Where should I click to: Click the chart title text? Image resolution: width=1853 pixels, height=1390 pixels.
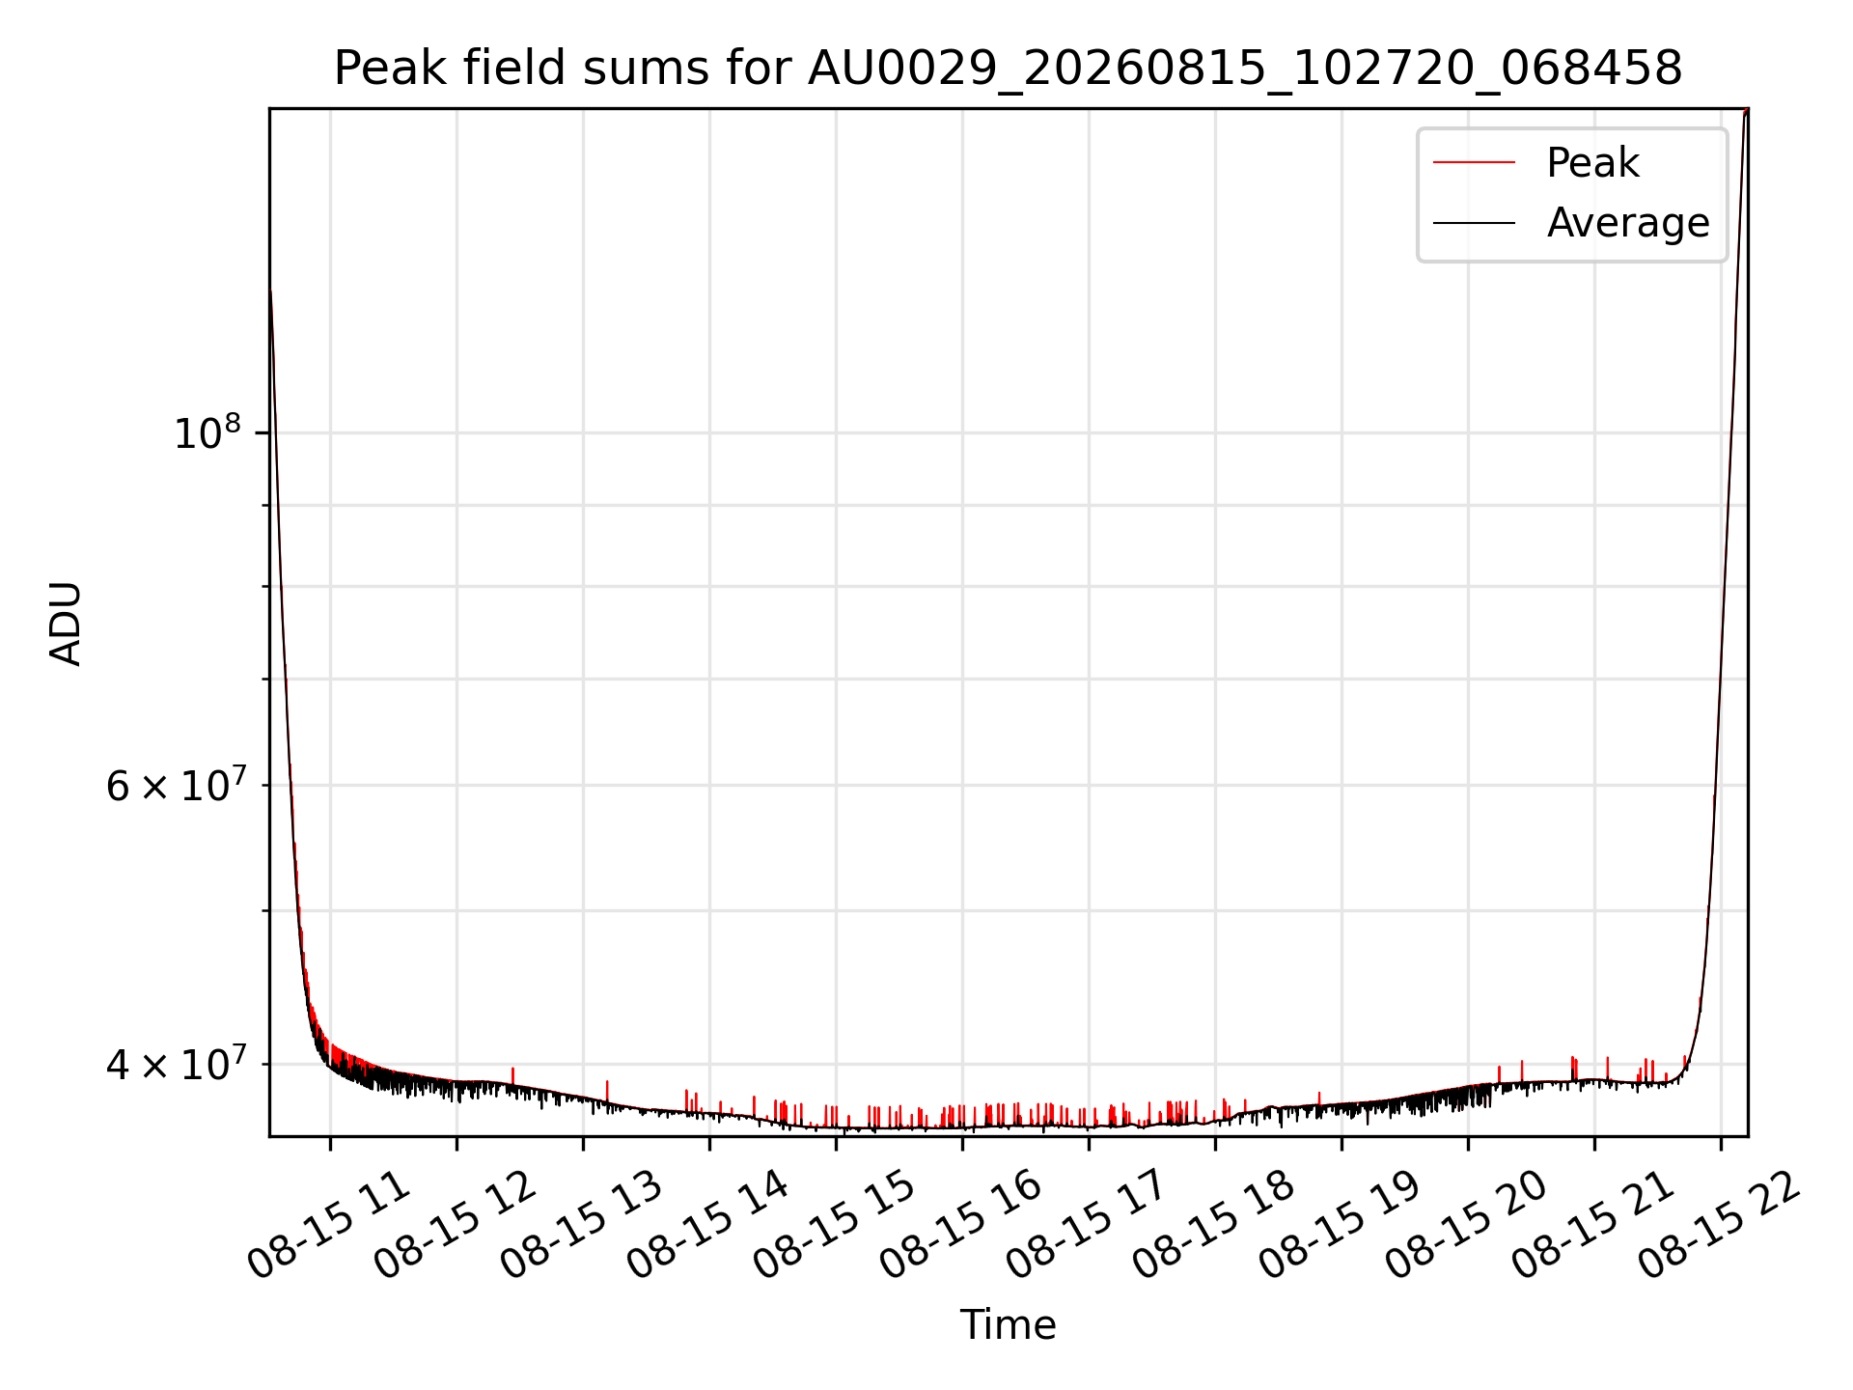(1008, 69)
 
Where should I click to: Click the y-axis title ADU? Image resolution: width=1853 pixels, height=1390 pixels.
(66, 623)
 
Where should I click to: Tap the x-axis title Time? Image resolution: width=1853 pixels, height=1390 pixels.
(1008, 1324)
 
